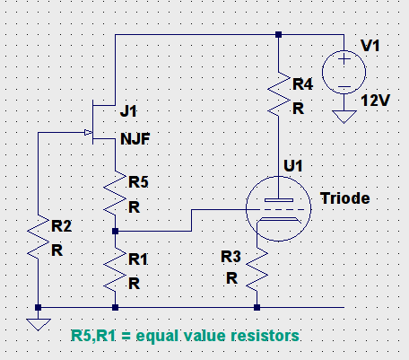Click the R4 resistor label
click(x=302, y=84)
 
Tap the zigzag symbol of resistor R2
click(x=39, y=237)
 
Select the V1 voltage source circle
click(x=344, y=72)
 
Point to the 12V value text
click(x=376, y=101)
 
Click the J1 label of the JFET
click(x=128, y=111)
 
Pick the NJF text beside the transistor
click(x=135, y=138)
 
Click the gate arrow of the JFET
click(x=88, y=132)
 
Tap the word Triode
click(x=345, y=198)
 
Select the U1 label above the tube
click(x=293, y=165)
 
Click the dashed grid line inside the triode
click(x=278, y=209)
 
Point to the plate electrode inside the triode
click(x=279, y=200)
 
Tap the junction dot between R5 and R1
click(x=115, y=231)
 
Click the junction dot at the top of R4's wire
click(x=278, y=35)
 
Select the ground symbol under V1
click(x=344, y=117)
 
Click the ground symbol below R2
click(x=39, y=325)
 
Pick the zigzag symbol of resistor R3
click(x=257, y=269)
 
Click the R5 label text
click(x=138, y=182)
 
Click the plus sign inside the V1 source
click(x=344, y=59)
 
